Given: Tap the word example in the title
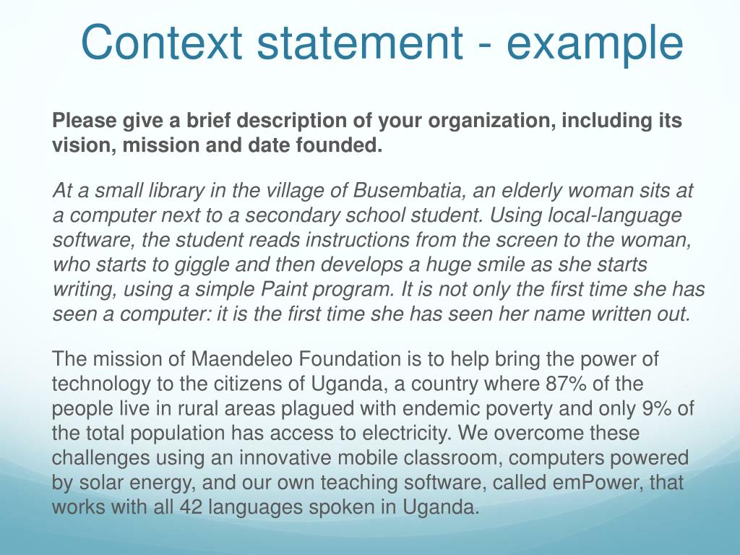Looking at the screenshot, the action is (595, 45).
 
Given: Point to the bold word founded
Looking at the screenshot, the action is (339, 145).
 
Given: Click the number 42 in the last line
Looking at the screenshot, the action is (191, 507).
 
